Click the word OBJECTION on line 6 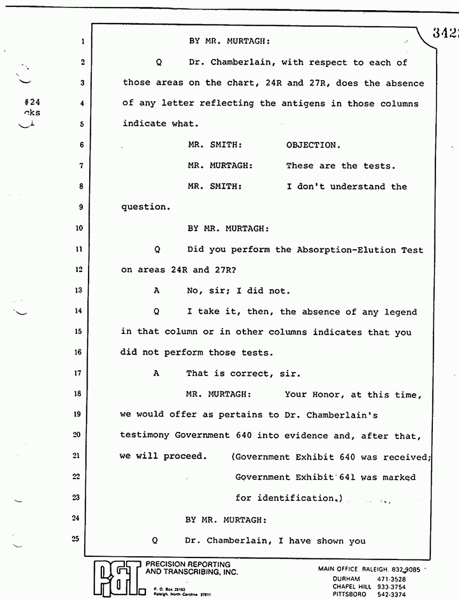[x=312, y=145]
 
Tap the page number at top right [x=445, y=33]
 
